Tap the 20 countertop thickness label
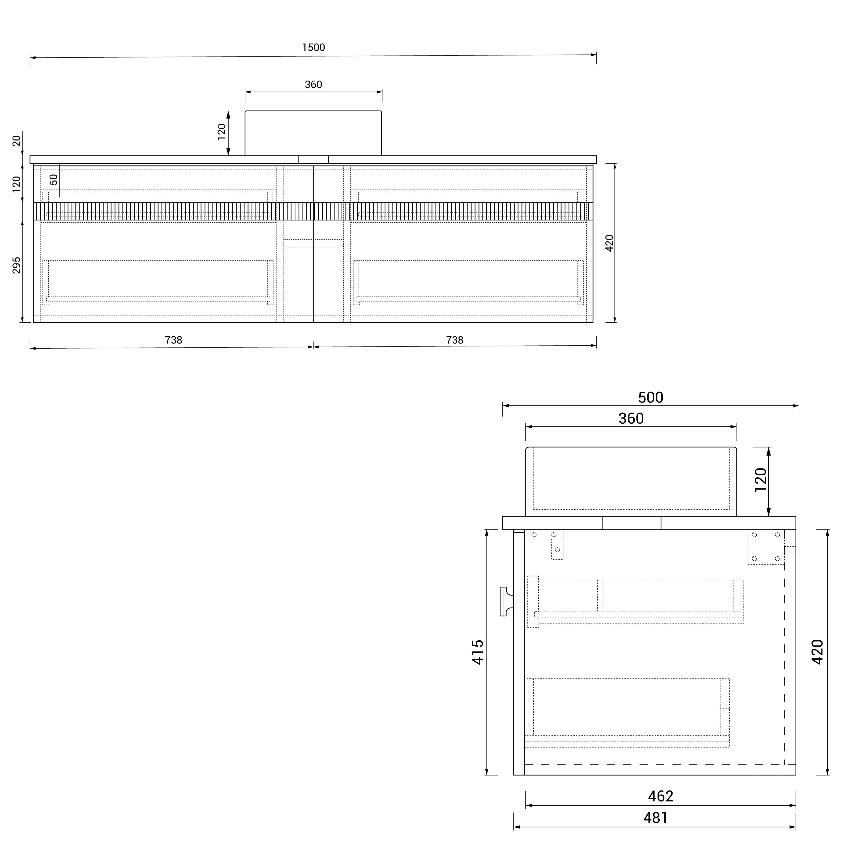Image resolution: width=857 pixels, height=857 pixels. point(16,141)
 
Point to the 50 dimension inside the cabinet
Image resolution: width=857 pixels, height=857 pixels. point(54,180)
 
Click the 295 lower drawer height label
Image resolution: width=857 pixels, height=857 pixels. point(16,265)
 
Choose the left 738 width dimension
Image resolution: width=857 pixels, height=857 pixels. point(174,340)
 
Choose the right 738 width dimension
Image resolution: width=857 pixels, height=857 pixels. point(455,340)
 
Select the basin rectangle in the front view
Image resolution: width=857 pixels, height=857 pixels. point(313,133)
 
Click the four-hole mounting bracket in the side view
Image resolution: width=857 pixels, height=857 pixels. point(766,547)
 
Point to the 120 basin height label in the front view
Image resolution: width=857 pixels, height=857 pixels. point(221,132)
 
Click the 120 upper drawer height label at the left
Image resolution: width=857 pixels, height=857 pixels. point(16,184)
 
